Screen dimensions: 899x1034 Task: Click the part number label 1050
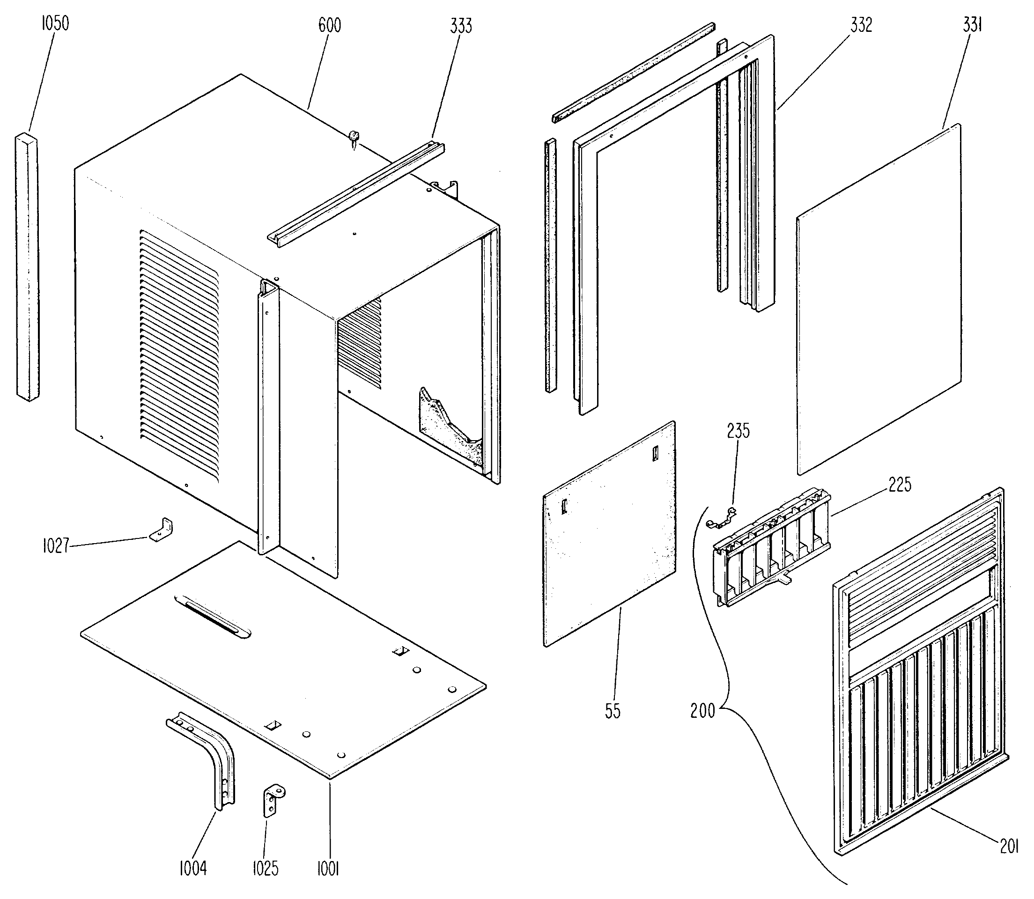tap(55, 23)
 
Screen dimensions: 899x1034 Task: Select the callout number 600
tap(330, 25)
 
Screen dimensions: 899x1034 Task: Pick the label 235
tap(739, 431)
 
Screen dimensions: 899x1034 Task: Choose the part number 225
tap(900, 485)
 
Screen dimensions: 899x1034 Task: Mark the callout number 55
tap(613, 711)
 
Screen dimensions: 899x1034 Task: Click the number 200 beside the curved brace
tap(702, 710)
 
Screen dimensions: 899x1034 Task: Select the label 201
tap(1009, 847)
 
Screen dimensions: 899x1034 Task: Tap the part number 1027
tap(55, 546)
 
